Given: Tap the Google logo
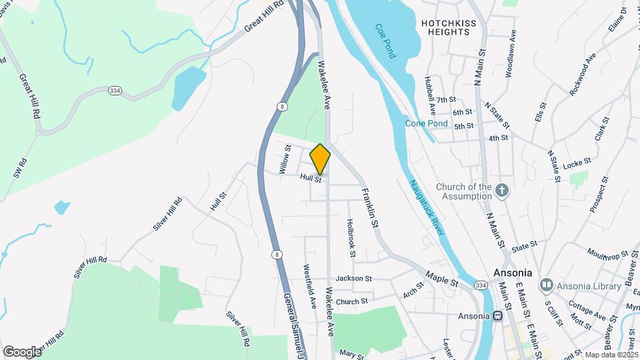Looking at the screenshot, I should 22,351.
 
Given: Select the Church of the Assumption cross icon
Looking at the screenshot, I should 503,192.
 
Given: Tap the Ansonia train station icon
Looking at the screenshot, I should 498,315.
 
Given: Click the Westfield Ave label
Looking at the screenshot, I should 310,287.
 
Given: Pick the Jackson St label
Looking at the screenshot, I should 353,278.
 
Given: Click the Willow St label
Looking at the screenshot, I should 285,160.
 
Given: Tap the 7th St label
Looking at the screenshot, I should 465,99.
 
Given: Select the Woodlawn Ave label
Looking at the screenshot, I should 511,53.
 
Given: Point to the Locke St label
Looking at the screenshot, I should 577,163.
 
